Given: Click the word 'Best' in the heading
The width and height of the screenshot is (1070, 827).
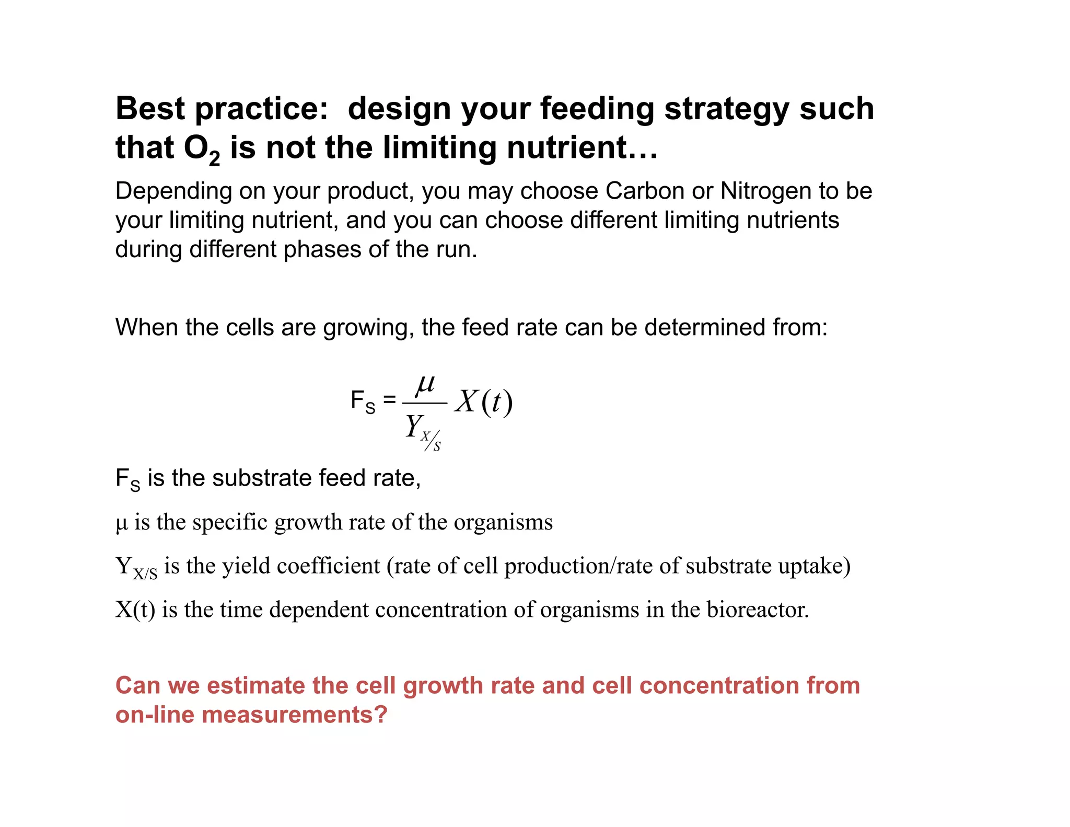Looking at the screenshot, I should click(150, 109).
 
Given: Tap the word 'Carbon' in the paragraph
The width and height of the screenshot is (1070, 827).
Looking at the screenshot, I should click(645, 191).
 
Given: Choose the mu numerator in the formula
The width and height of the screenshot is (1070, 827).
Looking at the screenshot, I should click(425, 385).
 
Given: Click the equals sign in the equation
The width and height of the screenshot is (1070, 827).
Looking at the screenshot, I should click(389, 400).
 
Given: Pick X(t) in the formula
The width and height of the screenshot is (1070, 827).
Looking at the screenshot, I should click(484, 402).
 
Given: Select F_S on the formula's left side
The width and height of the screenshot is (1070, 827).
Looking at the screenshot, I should click(363, 401).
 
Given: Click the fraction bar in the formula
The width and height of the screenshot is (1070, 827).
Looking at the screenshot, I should click(424, 403).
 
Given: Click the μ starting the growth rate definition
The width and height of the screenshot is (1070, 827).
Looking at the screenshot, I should click(121, 522).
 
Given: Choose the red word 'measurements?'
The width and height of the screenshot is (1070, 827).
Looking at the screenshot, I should click(294, 715).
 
